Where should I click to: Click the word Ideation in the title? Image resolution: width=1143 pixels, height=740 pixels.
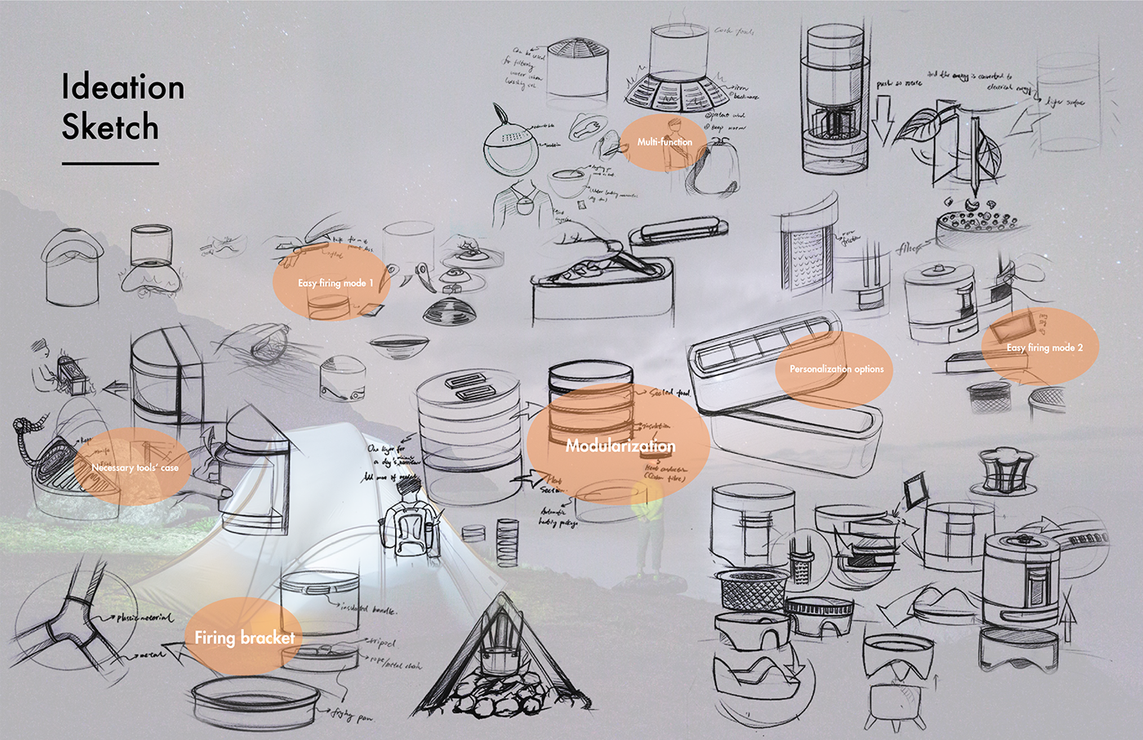122,87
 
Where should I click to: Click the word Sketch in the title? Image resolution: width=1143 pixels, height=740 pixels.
109,127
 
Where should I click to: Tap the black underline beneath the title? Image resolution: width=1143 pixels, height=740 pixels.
109,163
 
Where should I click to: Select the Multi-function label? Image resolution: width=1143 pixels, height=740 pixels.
665,142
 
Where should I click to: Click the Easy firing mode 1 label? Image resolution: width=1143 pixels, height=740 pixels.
335,283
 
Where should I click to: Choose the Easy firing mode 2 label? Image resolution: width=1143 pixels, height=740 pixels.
1044,348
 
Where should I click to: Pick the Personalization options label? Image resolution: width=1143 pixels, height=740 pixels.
836,369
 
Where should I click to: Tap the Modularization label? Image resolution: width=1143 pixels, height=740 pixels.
620,446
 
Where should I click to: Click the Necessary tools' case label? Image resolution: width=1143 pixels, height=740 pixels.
135,468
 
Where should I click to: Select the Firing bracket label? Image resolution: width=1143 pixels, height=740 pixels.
244,637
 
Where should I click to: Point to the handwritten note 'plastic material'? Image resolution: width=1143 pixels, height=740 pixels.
145,618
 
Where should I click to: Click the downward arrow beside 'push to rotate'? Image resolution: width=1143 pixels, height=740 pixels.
883,118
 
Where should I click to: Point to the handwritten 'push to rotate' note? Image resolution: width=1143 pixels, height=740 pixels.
899,83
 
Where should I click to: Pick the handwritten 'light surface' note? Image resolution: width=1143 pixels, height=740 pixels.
1065,102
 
